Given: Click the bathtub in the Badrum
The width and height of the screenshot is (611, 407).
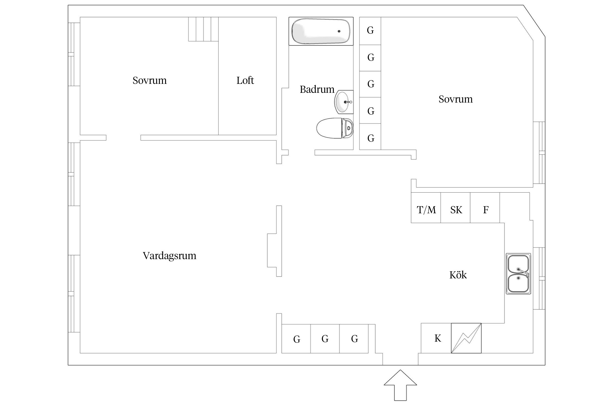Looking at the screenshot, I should coord(320,31).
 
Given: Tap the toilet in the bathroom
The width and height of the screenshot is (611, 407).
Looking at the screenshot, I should coord(335,128).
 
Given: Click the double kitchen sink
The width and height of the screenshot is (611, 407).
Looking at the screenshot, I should coord(518,274).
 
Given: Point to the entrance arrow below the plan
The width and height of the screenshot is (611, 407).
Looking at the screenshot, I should coord(400,388).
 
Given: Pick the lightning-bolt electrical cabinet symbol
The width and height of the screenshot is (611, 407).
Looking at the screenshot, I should coord(466,338).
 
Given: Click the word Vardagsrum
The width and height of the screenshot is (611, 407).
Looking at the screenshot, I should coord(169,256).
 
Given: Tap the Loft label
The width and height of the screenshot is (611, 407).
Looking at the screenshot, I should coord(245,80).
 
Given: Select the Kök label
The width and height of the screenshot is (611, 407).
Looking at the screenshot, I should coord(458,275).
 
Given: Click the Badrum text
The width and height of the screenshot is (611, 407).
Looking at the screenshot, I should coord(317,89).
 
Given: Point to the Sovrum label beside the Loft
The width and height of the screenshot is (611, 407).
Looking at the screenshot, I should coord(149,80).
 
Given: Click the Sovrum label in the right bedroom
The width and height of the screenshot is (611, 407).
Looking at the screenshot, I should coord(455,99).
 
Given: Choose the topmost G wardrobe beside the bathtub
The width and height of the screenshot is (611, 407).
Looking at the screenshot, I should coord(370,30).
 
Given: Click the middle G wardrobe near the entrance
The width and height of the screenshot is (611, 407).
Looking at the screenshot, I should coord(325,339).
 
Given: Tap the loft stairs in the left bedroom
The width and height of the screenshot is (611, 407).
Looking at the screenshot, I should coord(203,29).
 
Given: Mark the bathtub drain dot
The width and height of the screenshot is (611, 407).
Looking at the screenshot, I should coord(339,31).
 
